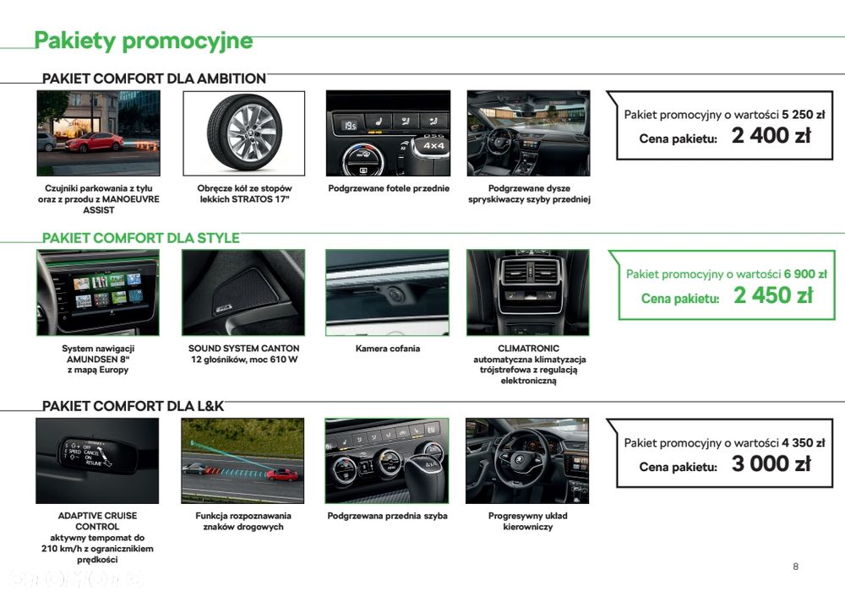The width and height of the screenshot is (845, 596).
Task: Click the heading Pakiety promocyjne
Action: [x=143, y=40]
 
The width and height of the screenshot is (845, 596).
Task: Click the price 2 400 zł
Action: [x=771, y=136]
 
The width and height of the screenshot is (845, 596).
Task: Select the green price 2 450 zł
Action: [x=772, y=295]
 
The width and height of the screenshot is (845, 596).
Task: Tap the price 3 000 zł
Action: [x=771, y=464]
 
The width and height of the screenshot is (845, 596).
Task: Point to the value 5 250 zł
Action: [x=804, y=114]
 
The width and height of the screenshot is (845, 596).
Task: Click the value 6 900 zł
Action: [x=805, y=274]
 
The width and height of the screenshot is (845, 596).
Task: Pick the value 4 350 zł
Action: [x=804, y=442]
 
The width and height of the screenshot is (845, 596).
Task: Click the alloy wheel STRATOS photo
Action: [x=243, y=133]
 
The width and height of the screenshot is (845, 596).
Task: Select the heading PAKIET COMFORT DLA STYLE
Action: [x=141, y=238]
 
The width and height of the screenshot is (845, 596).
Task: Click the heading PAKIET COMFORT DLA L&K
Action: [x=134, y=406]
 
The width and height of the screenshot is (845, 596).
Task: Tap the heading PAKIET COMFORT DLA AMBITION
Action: [x=155, y=79]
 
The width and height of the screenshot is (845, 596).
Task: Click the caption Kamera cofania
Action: [x=387, y=349]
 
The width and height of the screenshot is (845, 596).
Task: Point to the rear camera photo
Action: [x=387, y=293]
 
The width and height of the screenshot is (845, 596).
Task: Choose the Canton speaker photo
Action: [x=243, y=293]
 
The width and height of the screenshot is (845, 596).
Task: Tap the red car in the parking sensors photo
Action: [x=95, y=142]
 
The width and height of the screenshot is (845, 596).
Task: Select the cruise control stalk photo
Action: [x=97, y=461]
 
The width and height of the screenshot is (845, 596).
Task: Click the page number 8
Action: [x=795, y=566]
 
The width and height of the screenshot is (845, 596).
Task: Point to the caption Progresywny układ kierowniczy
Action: [x=528, y=521]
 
